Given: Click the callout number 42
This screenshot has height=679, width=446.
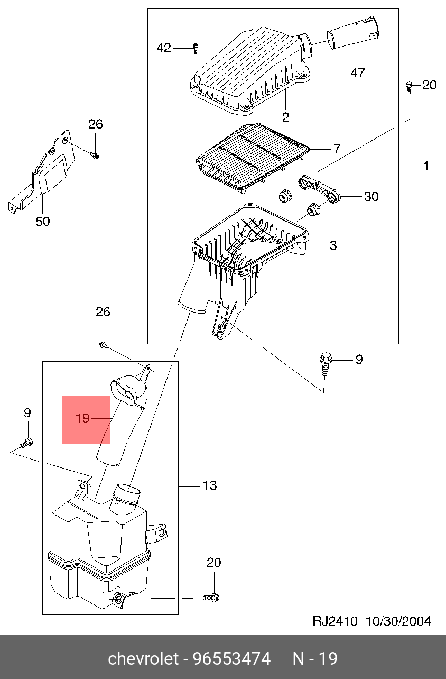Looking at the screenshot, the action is click(164, 48).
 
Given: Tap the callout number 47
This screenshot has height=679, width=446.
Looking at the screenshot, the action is click(358, 73).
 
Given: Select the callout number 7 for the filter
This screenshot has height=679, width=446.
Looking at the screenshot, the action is click(337, 148).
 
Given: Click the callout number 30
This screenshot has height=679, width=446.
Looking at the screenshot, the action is click(371, 197).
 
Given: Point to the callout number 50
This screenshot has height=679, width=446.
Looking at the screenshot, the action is click(43, 221).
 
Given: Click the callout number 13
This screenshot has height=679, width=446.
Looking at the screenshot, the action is click(210, 485).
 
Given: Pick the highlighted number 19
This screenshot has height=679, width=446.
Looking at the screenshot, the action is click(82, 418).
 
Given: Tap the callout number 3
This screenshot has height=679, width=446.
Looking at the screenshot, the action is click(333, 245).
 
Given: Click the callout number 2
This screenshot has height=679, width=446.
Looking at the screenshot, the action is click(286, 117).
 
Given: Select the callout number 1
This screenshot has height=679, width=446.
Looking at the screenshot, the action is click(426, 166).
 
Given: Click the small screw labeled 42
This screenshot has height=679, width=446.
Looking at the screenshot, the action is click(196, 48).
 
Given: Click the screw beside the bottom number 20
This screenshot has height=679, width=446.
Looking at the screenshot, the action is click(211, 598).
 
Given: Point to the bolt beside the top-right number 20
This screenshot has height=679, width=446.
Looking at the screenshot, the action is click(409, 87).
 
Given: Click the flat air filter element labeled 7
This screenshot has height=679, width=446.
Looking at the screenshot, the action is click(253, 158).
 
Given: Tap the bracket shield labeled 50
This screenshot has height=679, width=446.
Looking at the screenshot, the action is click(42, 171).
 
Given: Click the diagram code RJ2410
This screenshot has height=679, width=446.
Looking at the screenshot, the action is click(335, 621).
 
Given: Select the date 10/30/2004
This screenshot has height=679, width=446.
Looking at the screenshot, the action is click(398, 621).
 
